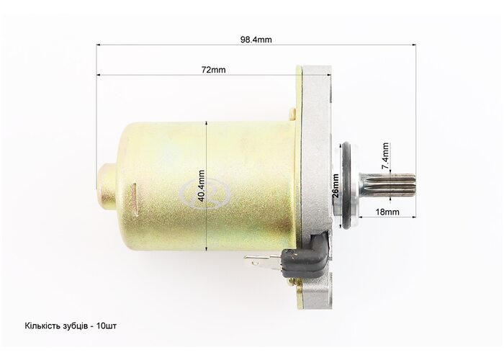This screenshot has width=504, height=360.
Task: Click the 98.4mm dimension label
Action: coord(256,40)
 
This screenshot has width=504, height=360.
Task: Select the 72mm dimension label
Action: coord(213,70)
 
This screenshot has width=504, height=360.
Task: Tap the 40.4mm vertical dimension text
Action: coord(202,186)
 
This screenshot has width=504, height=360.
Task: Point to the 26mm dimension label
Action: coord(336,186)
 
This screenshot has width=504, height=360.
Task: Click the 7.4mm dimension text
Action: coord(385,156)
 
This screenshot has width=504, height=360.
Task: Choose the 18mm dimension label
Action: coord(387,212)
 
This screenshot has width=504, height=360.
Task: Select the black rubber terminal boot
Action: coord(305,255)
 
